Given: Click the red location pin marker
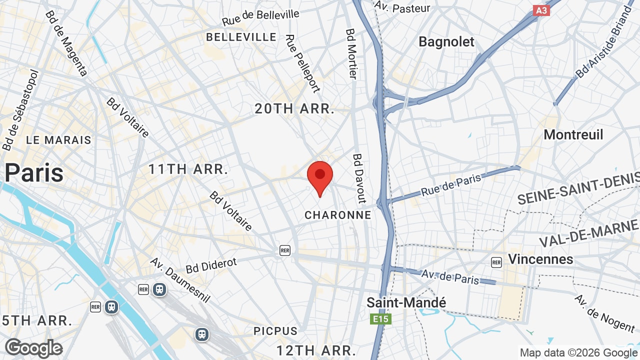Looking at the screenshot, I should pyautogui.click(x=320, y=176).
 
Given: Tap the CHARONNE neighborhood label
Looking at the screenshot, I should pyautogui.click(x=338, y=215).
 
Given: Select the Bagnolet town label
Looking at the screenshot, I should pyautogui.click(x=446, y=42).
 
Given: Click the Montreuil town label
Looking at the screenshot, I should pyautogui.click(x=573, y=134).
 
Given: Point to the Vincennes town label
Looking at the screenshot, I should pyautogui.click(x=540, y=259).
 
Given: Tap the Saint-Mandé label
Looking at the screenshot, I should pyautogui.click(x=406, y=302).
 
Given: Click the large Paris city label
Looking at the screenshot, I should pyautogui.click(x=34, y=172).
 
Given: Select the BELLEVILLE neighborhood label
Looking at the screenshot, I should pyautogui.click(x=241, y=37).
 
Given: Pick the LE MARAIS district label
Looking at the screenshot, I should pyautogui.click(x=58, y=140).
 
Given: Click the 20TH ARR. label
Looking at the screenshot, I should pyautogui.click(x=294, y=108).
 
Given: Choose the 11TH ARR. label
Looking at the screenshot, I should pyautogui.click(x=188, y=169).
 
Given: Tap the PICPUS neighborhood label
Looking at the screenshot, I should pyautogui.click(x=275, y=331).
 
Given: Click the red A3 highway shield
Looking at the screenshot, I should pyautogui.click(x=541, y=10).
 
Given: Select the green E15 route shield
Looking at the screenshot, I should pyautogui.click(x=380, y=319).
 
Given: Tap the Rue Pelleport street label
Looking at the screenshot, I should pyautogui.click(x=302, y=63).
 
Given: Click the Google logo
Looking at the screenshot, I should pyautogui.click(x=33, y=348).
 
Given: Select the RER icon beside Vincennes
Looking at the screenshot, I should pyautogui.click(x=496, y=262).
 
